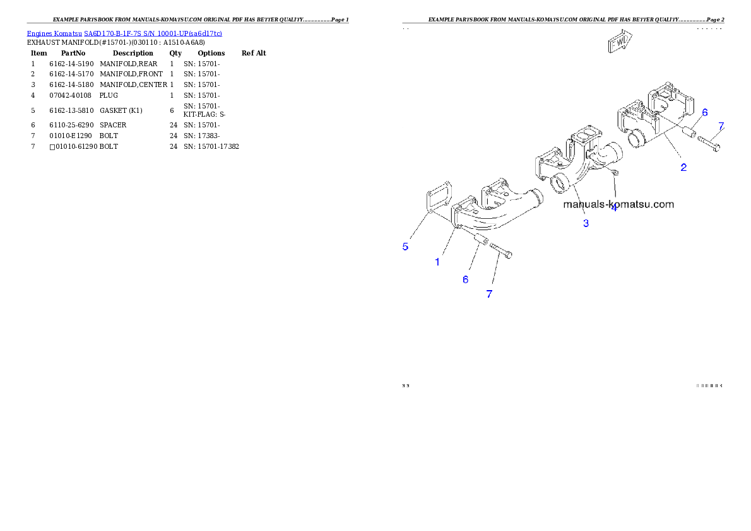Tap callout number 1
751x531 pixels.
click(x=437, y=262)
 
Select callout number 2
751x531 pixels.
click(x=683, y=168)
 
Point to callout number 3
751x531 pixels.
click(x=586, y=223)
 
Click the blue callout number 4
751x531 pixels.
click(x=613, y=207)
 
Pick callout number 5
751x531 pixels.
click(x=406, y=247)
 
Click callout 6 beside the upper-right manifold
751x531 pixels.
click(x=705, y=112)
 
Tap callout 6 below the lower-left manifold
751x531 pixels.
click(x=466, y=279)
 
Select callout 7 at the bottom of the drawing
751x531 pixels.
click(x=489, y=294)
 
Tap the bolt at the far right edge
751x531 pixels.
click(x=710, y=144)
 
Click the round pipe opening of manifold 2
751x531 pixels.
click(x=637, y=140)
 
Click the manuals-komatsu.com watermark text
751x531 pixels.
click(x=618, y=204)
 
